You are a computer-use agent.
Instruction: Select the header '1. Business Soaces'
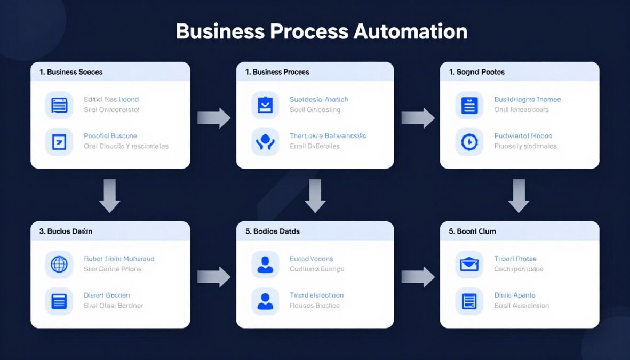coord(70,72)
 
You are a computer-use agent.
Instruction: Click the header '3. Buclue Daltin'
coord(66,231)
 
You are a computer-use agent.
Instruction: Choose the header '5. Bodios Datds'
coord(272,231)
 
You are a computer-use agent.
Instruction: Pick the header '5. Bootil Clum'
coord(473,231)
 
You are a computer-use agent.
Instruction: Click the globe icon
coord(59,264)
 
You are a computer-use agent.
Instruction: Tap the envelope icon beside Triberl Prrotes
coord(469,264)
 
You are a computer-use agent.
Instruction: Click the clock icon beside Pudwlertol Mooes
coord(469,141)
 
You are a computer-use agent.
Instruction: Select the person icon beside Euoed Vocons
coord(265,264)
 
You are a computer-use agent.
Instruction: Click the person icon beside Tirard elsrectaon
coord(265,301)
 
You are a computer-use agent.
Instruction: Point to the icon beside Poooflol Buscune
coord(59,141)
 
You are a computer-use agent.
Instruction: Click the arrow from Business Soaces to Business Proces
coord(213,118)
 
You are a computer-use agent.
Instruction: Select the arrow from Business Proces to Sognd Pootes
coord(418,118)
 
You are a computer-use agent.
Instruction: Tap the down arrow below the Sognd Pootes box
coord(518,196)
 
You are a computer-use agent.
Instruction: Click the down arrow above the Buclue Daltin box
coord(109,196)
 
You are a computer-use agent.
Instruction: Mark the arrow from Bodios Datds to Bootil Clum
coord(418,276)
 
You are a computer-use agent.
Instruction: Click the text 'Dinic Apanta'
coord(514,295)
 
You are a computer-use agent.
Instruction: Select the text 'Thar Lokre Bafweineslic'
coord(328,136)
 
